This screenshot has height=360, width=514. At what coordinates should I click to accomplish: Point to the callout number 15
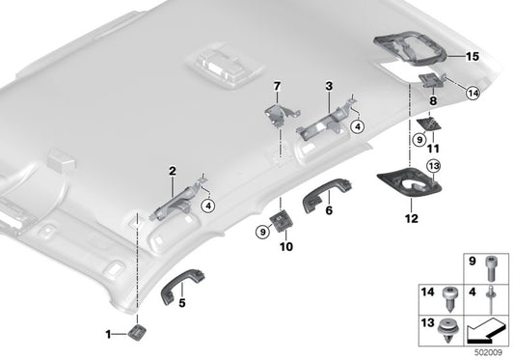coord(472,57)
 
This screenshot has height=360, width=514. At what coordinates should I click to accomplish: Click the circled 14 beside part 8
coord(473,93)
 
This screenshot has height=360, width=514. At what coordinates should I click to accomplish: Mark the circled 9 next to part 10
coord(263,232)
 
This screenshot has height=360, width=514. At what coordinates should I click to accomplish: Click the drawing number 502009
coord(487,351)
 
